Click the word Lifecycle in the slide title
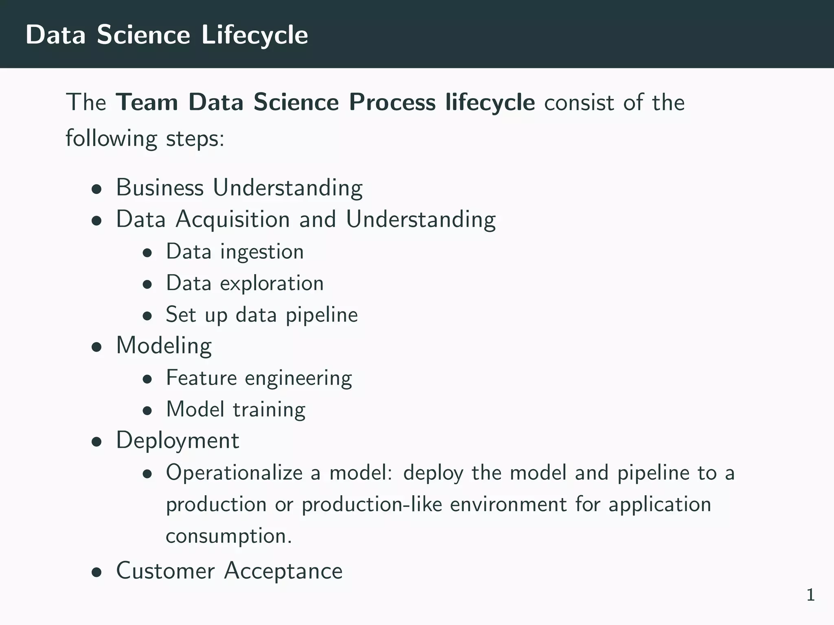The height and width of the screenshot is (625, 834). tap(255, 35)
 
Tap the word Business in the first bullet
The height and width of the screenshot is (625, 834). tap(160, 188)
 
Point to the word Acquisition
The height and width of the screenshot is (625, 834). tap(233, 219)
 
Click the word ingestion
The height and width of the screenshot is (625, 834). tap(262, 252)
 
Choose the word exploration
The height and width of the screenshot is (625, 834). tap(272, 283)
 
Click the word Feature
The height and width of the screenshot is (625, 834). tap(202, 378)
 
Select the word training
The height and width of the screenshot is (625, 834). tap(269, 409)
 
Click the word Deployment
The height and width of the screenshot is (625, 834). tap(178, 441)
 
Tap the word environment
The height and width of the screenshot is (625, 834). tap(508, 505)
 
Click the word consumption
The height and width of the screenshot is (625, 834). tap(228, 536)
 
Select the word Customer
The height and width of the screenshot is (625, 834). tap(165, 570)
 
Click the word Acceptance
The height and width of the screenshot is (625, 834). tap(283, 570)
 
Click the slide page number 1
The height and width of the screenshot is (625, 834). tap(810, 595)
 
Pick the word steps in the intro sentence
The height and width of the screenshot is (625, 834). tap(195, 139)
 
